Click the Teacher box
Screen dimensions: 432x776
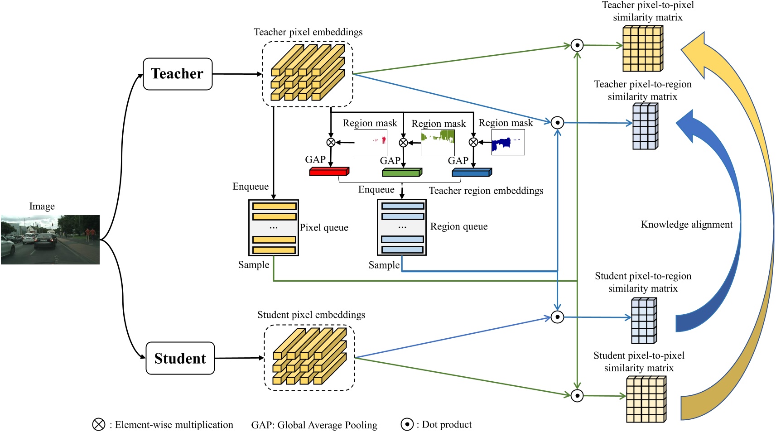[x=178, y=74]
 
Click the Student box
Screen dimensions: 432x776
[x=180, y=358]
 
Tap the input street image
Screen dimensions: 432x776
[x=50, y=240]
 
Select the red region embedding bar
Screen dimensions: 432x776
[x=329, y=172]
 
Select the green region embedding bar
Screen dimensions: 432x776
[x=402, y=173]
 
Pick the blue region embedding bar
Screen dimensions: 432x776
[x=472, y=173]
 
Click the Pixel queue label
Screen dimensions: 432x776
[x=324, y=227]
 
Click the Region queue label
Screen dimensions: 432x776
[x=459, y=226]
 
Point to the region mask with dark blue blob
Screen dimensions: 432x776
[x=508, y=142]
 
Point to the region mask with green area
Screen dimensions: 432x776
[x=438, y=143]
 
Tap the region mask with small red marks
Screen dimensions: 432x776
[x=370, y=143]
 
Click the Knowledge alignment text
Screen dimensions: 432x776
[x=686, y=225]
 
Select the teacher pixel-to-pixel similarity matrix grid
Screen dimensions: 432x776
[x=642, y=48]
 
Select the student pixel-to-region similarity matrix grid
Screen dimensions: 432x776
[x=644, y=321]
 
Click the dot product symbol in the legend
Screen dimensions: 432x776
[x=407, y=424]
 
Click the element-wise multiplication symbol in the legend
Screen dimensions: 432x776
[x=99, y=424]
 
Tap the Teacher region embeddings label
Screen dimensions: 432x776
[x=486, y=191]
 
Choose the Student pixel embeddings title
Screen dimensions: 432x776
[x=311, y=315]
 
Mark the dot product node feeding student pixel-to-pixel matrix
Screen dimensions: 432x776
[x=577, y=396]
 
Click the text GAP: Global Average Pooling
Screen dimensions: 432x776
[x=314, y=425]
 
